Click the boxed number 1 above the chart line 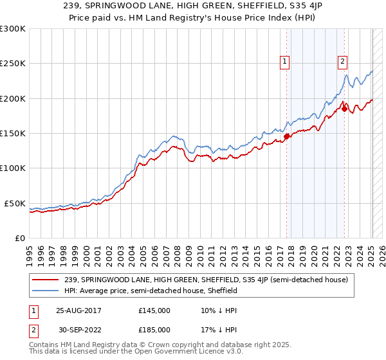pyautogui.click(x=284, y=62)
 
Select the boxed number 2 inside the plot pyautogui.click(x=342, y=62)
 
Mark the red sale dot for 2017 pyautogui.click(x=287, y=136)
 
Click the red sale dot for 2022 pyautogui.click(x=345, y=109)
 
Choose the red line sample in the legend pyautogui.click(x=46, y=280)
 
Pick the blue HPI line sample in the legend pyautogui.click(x=46, y=291)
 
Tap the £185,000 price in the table pyautogui.click(x=154, y=329)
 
